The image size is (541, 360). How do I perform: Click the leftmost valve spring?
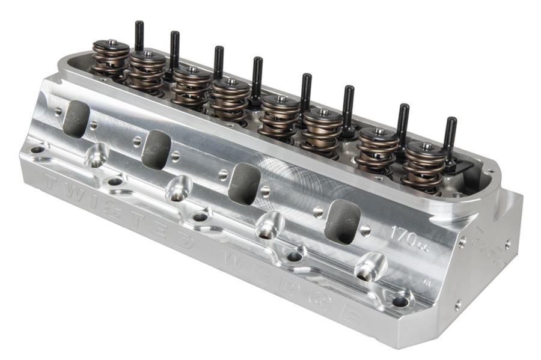point(110,57)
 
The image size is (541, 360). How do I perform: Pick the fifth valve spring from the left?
point(280,115)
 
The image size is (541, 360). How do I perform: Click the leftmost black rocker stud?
point(139,36)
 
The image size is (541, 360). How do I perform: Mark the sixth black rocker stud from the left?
point(348,105)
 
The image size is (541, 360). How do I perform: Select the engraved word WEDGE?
point(301,283)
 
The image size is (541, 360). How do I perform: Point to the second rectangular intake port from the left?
point(156,148)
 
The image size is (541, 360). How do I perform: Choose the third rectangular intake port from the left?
point(244,183)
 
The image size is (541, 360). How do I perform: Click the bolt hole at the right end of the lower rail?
point(400,301)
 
